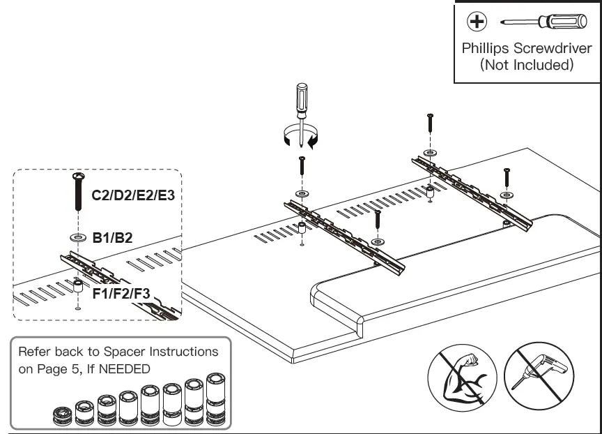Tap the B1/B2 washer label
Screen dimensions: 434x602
(x=112, y=238)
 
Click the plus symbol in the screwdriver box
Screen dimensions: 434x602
(x=477, y=22)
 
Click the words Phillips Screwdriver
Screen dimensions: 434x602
(x=527, y=50)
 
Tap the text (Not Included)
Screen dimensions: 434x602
(x=527, y=66)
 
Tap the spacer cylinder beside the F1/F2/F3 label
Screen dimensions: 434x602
(x=77, y=286)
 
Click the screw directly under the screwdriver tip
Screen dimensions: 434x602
(x=301, y=167)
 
